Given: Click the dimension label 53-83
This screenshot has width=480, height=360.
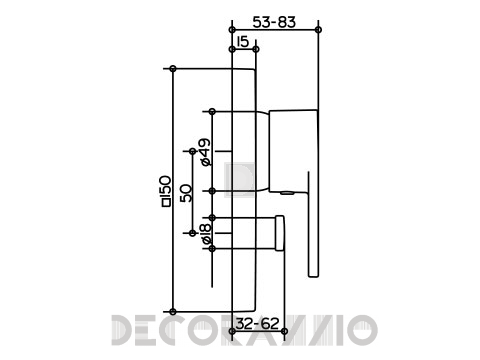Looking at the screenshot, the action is click(x=274, y=22).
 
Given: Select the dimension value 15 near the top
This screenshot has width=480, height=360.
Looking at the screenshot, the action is click(x=243, y=42).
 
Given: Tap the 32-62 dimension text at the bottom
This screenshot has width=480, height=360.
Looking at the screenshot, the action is click(x=257, y=323).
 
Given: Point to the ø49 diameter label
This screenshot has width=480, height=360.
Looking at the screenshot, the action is click(x=206, y=152).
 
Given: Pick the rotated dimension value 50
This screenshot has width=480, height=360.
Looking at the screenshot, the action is click(x=186, y=193).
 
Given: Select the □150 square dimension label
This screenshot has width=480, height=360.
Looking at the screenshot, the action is click(x=166, y=191).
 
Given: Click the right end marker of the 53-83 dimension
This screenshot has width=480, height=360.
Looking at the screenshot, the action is click(x=318, y=30).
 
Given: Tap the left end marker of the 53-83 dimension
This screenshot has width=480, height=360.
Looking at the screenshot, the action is click(x=232, y=30).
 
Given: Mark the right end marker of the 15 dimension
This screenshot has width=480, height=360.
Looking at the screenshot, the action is click(x=256, y=49).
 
